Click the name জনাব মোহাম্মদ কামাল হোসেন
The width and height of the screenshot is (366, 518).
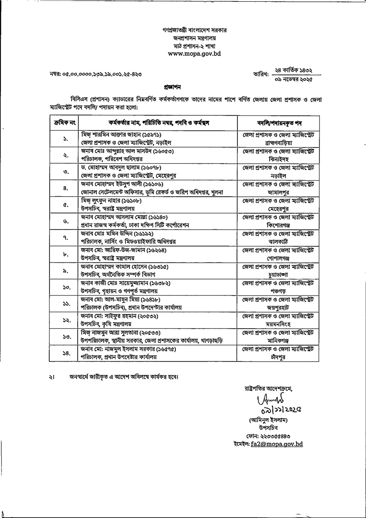[x=119, y=267]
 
